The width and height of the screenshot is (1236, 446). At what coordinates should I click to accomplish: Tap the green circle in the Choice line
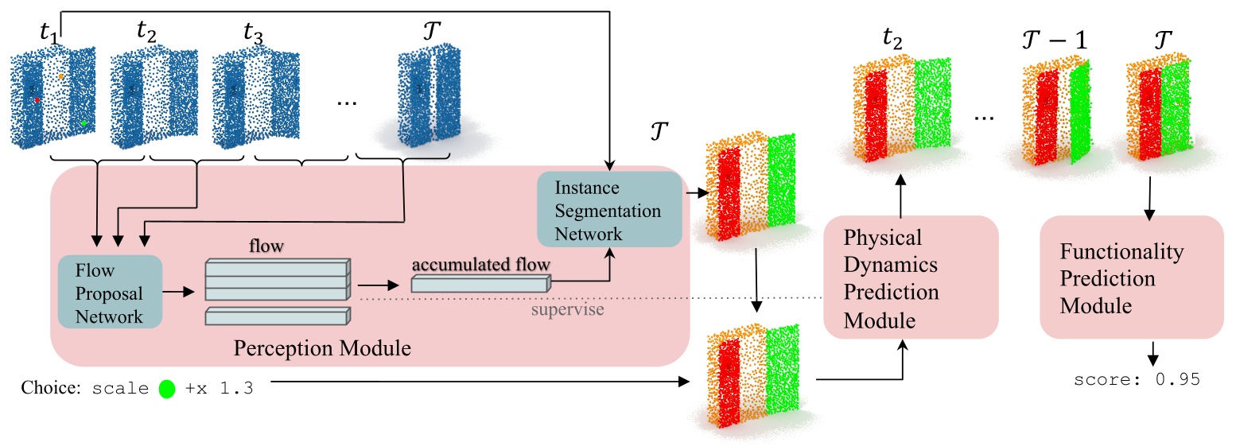167,390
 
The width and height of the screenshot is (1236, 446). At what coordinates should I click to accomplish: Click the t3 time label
257,34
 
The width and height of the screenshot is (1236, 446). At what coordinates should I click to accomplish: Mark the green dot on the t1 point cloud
84,123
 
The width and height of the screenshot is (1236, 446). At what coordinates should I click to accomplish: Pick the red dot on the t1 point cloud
37,100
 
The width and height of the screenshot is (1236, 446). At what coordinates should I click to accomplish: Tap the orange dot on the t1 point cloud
60,76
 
